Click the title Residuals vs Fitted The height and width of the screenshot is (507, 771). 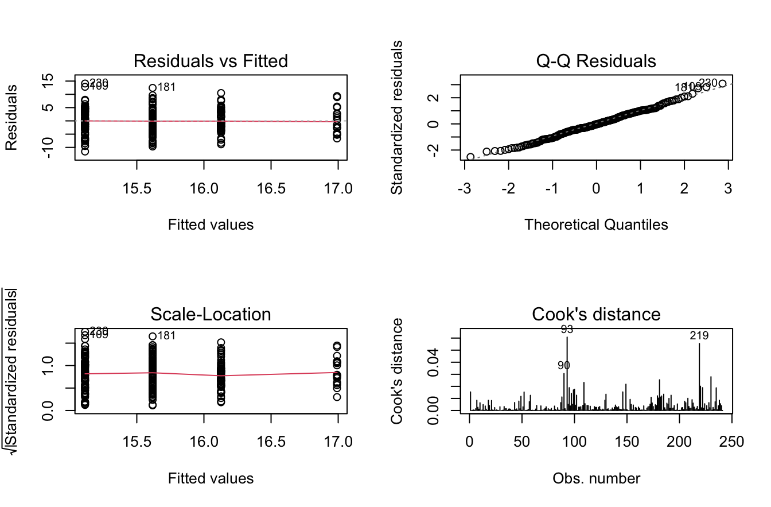click(211, 61)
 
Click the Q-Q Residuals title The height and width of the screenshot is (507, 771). click(597, 61)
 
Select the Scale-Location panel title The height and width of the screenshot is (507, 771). click(211, 314)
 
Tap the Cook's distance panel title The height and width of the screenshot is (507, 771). click(597, 314)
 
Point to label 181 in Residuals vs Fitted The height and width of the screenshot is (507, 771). click(166, 87)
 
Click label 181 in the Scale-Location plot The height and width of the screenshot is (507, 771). click(166, 336)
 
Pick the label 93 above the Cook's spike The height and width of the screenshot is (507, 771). click(567, 330)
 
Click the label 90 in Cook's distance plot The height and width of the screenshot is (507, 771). click(563, 365)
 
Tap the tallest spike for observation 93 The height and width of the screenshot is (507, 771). click(567, 373)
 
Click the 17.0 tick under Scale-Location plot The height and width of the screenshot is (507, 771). click(338, 442)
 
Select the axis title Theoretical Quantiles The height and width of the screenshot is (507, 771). click(597, 225)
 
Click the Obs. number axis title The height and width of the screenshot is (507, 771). click(597, 478)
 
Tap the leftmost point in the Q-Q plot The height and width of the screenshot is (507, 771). click(470, 157)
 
